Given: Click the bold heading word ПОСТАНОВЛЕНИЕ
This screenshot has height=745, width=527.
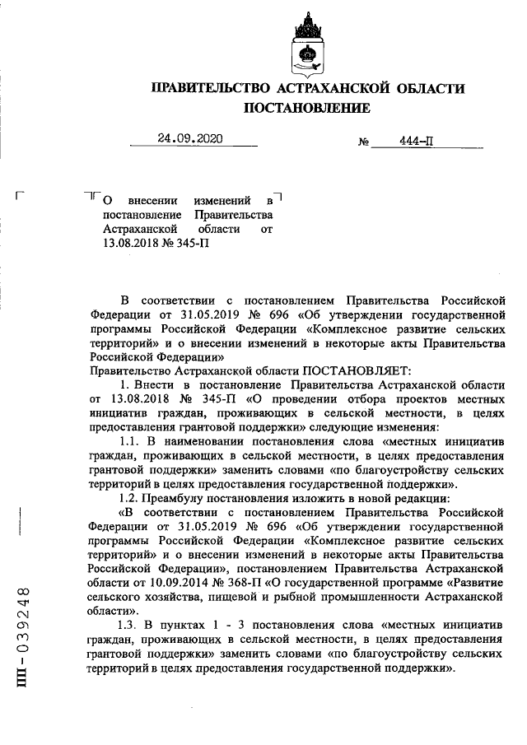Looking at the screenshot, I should coord(305,108).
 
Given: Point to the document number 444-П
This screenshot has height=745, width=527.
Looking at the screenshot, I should coord(416,142).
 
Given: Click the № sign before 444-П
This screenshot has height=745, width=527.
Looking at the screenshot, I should coord(365,142).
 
